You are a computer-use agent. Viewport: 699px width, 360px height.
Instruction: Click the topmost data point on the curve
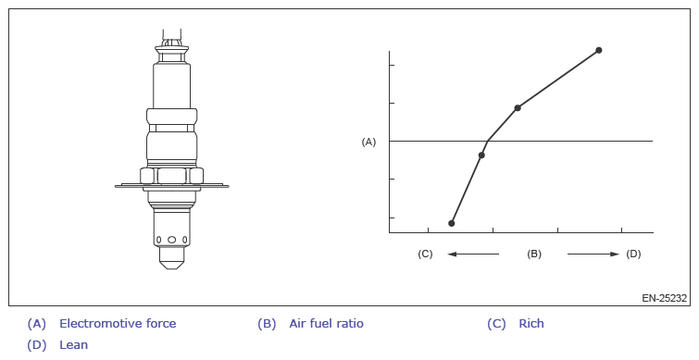pos(599,50)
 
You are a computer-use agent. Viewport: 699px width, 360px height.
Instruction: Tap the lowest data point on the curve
pos(452,223)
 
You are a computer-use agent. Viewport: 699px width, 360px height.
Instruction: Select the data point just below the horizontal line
pos(481,155)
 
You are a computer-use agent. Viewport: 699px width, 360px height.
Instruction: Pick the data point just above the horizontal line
pos(518,108)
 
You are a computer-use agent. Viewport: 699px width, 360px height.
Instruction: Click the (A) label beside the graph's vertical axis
pos(368,142)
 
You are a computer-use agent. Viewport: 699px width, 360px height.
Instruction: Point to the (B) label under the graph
pos(534,254)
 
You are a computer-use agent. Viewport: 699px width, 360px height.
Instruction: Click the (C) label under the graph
pos(425,254)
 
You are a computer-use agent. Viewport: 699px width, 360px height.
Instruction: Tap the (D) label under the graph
pos(633,254)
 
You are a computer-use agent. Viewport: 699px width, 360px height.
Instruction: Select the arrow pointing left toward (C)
pos(473,254)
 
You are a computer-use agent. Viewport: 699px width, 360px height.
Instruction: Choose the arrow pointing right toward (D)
pos(593,254)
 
